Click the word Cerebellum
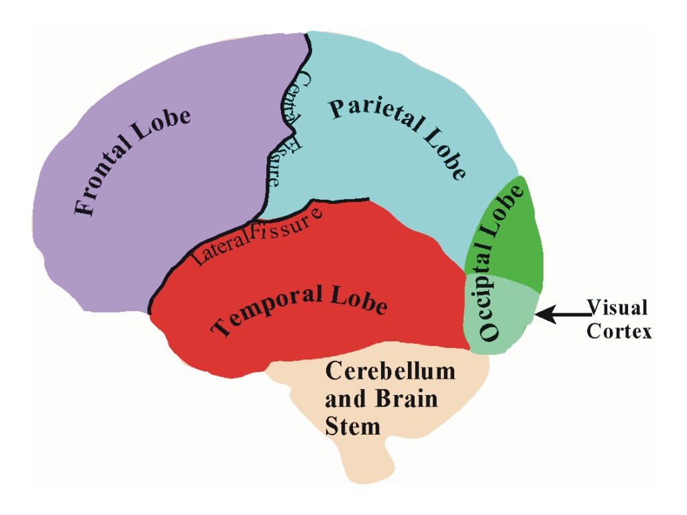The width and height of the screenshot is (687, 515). click(390, 371)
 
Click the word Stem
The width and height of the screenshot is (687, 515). click(352, 426)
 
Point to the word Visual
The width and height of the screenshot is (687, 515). click(617, 308)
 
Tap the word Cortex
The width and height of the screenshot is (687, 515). click(619, 331)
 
